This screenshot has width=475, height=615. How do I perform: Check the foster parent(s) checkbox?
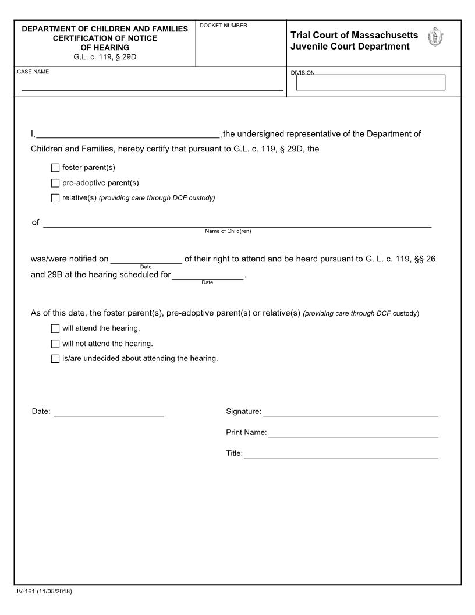point(55,168)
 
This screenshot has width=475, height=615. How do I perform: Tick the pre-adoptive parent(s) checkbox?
point(55,183)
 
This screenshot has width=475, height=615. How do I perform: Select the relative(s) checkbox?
point(55,198)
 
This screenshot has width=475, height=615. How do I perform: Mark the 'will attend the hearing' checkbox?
point(55,328)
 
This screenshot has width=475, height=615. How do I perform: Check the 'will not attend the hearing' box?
point(55,344)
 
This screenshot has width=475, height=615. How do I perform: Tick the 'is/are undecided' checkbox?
point(55,359)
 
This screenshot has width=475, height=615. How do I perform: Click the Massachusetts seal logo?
point(435,38)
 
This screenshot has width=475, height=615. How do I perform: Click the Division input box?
point(370,83)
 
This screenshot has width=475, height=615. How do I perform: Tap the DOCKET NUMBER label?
point(224,26)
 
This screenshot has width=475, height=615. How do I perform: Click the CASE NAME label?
point(33,72)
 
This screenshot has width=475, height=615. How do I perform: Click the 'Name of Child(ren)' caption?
point(228,231)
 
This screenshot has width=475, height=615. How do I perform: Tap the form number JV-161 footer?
point(44,592)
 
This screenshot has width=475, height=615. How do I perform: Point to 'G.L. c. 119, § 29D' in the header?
point(105,56)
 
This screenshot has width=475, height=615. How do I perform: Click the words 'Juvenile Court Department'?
point(350,47)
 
